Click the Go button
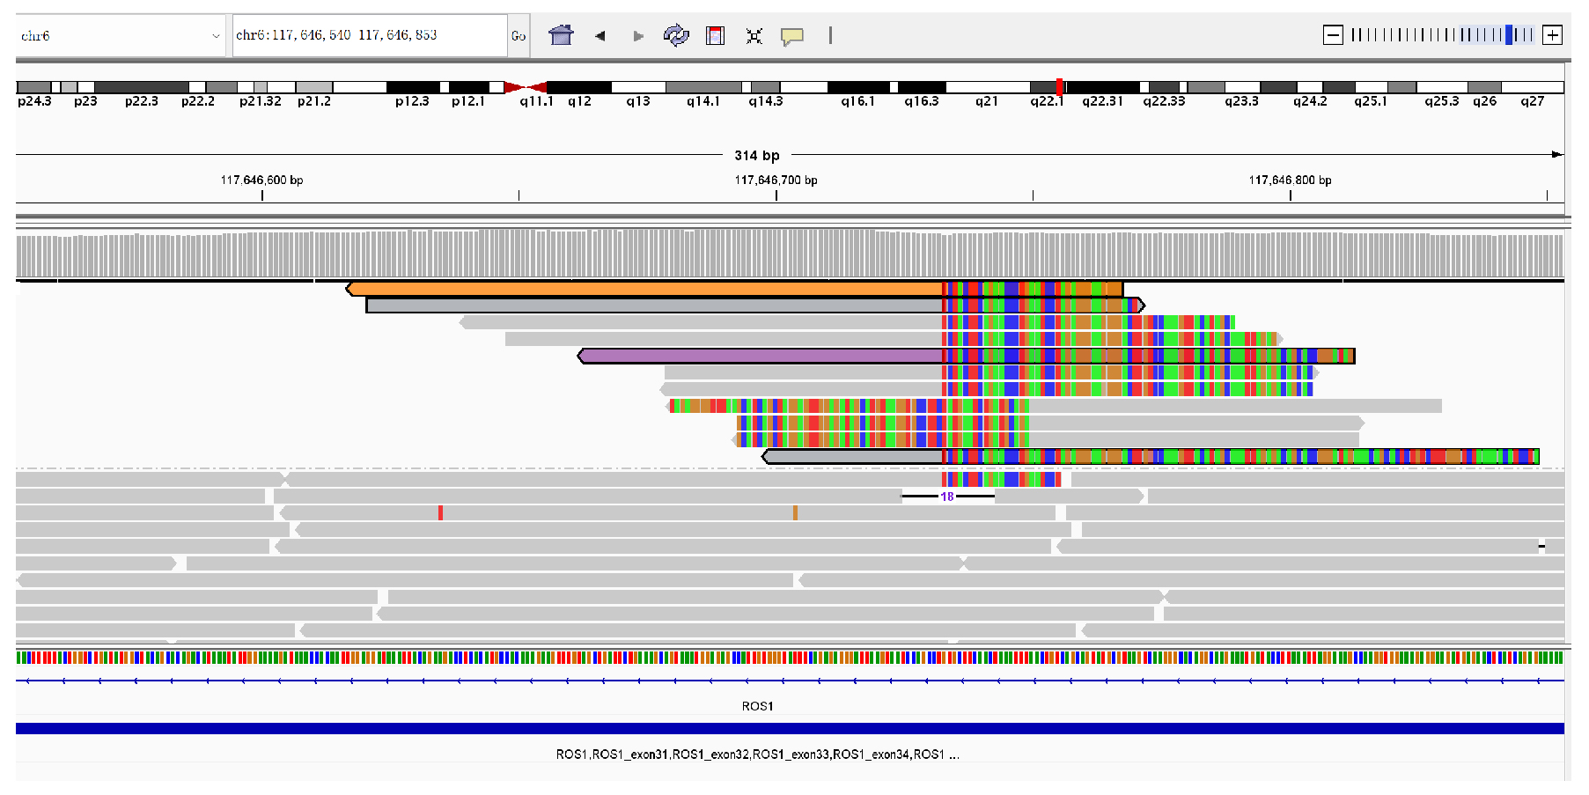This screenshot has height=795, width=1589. pos(519,36)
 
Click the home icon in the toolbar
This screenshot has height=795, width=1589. pos(561,35)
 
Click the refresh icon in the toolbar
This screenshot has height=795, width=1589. pos(675,35)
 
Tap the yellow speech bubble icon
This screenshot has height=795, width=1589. pos(792,36)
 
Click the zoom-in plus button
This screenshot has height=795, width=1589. pos(1553,35)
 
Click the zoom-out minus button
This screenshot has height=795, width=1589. pos(1333,35)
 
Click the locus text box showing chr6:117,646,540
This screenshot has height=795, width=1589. pos(369,35)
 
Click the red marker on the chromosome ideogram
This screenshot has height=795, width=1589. pos(1060,86)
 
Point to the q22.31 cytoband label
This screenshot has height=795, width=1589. pos(1102,101)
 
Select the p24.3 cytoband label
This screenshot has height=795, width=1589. pos(34,101)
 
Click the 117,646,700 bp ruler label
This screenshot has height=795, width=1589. pos(776,180)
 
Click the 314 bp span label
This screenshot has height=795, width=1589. pos(757,155)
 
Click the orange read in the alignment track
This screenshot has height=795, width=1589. pos(643,289)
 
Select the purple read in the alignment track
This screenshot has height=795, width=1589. pos(757,356)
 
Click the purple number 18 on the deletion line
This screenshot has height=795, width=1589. pos(947,497)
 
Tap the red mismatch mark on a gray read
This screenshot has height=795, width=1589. pos(440,512)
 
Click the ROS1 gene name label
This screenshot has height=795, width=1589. pos(757,706)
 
